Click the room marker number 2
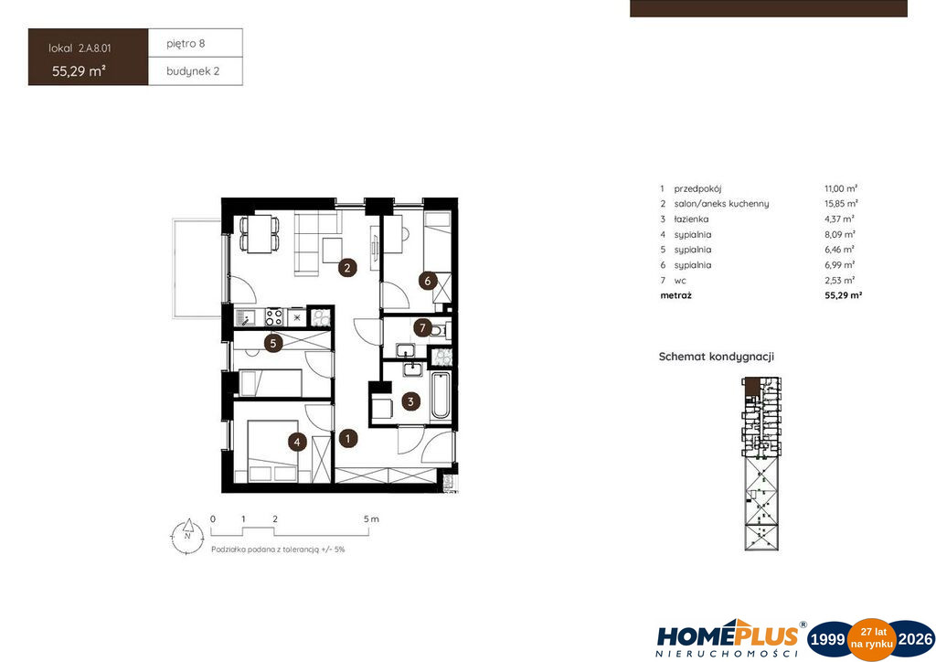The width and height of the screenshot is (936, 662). point(346,268)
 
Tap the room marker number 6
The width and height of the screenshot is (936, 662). point(428,281)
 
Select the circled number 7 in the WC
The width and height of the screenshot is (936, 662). point(422,327)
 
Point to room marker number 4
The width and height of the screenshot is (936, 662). point(297,443)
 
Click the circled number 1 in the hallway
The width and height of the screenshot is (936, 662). point(348,439)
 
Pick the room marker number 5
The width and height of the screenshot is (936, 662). point(273,343)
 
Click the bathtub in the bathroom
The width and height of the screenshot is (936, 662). point(441,395)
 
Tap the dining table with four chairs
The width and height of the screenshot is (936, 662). point(260,234)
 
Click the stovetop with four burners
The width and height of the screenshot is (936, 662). point(274,316)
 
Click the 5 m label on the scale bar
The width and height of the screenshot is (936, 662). point(371,519)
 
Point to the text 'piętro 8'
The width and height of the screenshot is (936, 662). point(186,44)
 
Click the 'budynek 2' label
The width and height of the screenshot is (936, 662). point(193,71)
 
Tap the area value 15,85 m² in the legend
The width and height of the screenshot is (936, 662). point(841,204)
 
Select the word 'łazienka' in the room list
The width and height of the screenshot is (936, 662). point(691,219)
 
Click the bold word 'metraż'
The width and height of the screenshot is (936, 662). point(675,295)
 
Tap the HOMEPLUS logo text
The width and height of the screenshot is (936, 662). point(728,635)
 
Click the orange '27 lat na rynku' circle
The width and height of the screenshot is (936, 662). point(872,639)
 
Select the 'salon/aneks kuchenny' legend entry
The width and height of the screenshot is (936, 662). point(722,204)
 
